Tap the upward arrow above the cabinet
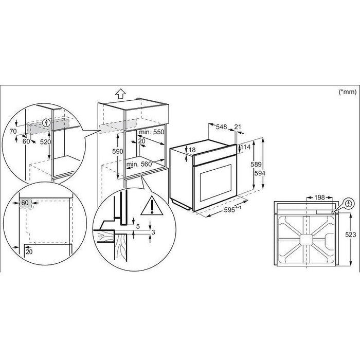pyautogui.click(x=120, y=94)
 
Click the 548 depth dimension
pyautogui.click(x=222, y=127)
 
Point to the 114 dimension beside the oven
pyautogui.click(x=245, y=147)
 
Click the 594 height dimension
pyautogui.click(x=262, y=173)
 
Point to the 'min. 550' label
pyautogui.click(x=152, y=132)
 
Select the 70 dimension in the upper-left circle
pyautogui.click(x=13, y=132)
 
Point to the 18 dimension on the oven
pyautogui.click(x=192, y=150)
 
